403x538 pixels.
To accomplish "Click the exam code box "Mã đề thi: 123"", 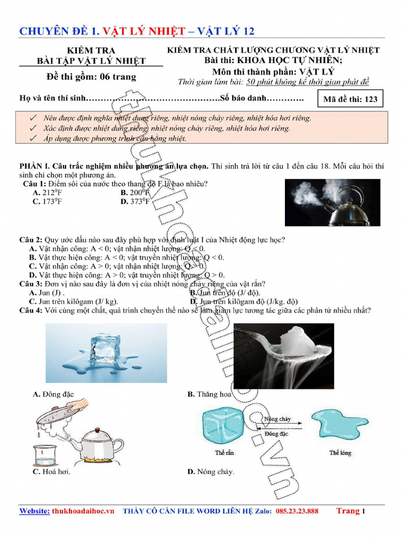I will [x=351, y=99].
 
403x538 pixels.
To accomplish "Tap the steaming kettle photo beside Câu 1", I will [x=332, y=202].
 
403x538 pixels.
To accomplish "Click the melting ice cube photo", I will [x=106, y=352].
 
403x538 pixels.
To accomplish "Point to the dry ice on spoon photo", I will [x=283, y=356].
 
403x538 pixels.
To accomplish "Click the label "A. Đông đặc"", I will [x=52, y=394].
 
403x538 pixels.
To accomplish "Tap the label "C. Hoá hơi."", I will [x=51, y=472].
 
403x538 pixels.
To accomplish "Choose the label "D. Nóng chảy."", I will [x=211, y=472].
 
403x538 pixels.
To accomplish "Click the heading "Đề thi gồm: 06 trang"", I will [x=91, y=77].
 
